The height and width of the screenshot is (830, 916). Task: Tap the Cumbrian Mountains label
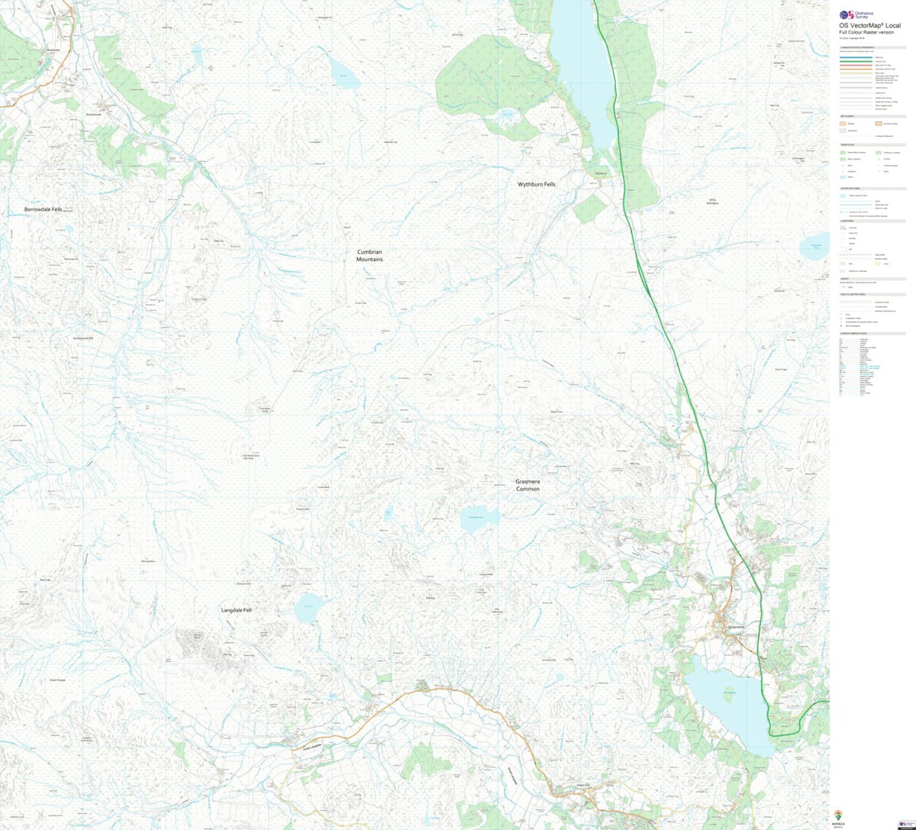pyautogui.click(x=369, y=255)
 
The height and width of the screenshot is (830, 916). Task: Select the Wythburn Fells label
pyautogui.click(x=537, y=185)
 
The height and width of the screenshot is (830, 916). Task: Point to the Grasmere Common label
pyautogui.click(x=527, y=485)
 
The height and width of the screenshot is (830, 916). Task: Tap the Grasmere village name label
pyautogui.click(x=736, y=627)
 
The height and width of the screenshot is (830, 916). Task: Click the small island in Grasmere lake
pyautogui.click(x=728, y=692)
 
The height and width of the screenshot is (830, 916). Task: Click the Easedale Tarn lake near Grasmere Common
pyautogui.click(x=478, y=518)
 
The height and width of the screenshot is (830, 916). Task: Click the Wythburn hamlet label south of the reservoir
pyautogui.click(x=600, y=173)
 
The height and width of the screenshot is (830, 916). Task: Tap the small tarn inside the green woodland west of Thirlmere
pyautogui.click(x=505, y=116)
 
